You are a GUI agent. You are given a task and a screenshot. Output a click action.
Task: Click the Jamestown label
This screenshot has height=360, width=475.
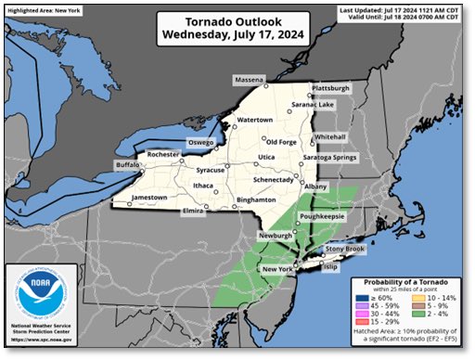tap(148, 198)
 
